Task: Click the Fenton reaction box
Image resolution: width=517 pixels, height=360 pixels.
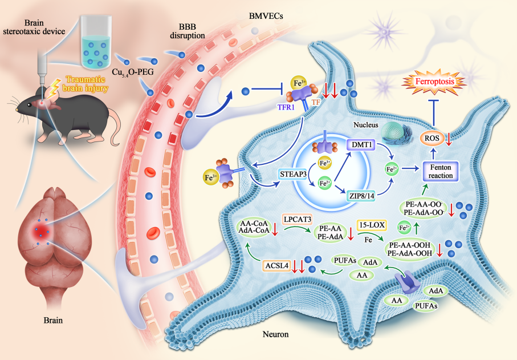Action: [x=441, y=171]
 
